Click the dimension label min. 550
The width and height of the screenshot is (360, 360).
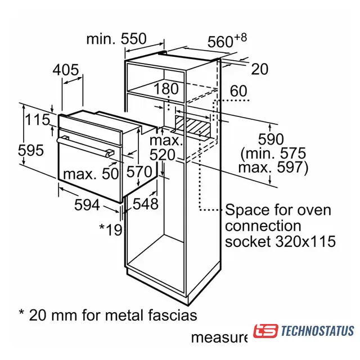[x=116, y=39]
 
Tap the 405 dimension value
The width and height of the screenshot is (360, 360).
[x=66, y=70]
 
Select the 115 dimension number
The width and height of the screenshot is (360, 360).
[x=38, y=120]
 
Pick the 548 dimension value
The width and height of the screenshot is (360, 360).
[x=146, y=204]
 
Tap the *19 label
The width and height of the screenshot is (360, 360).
[x=110, y=229]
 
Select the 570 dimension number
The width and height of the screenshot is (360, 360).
[x=139, y=172]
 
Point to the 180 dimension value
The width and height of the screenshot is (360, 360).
[x=166, y=89]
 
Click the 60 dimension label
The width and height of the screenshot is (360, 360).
[x=238, y=91]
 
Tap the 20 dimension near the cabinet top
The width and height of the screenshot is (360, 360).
[x=259, y=69]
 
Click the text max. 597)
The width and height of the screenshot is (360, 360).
[x=273, y=168]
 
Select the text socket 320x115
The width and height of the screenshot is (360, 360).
[x=280, y=242]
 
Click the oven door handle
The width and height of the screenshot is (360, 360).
[x=85, y=145]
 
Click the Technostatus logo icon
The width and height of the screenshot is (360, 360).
[x=265, y=331]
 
